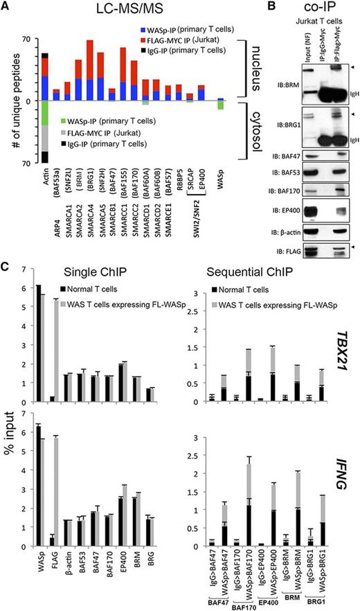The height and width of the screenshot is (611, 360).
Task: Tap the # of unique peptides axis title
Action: click(10, 101)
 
